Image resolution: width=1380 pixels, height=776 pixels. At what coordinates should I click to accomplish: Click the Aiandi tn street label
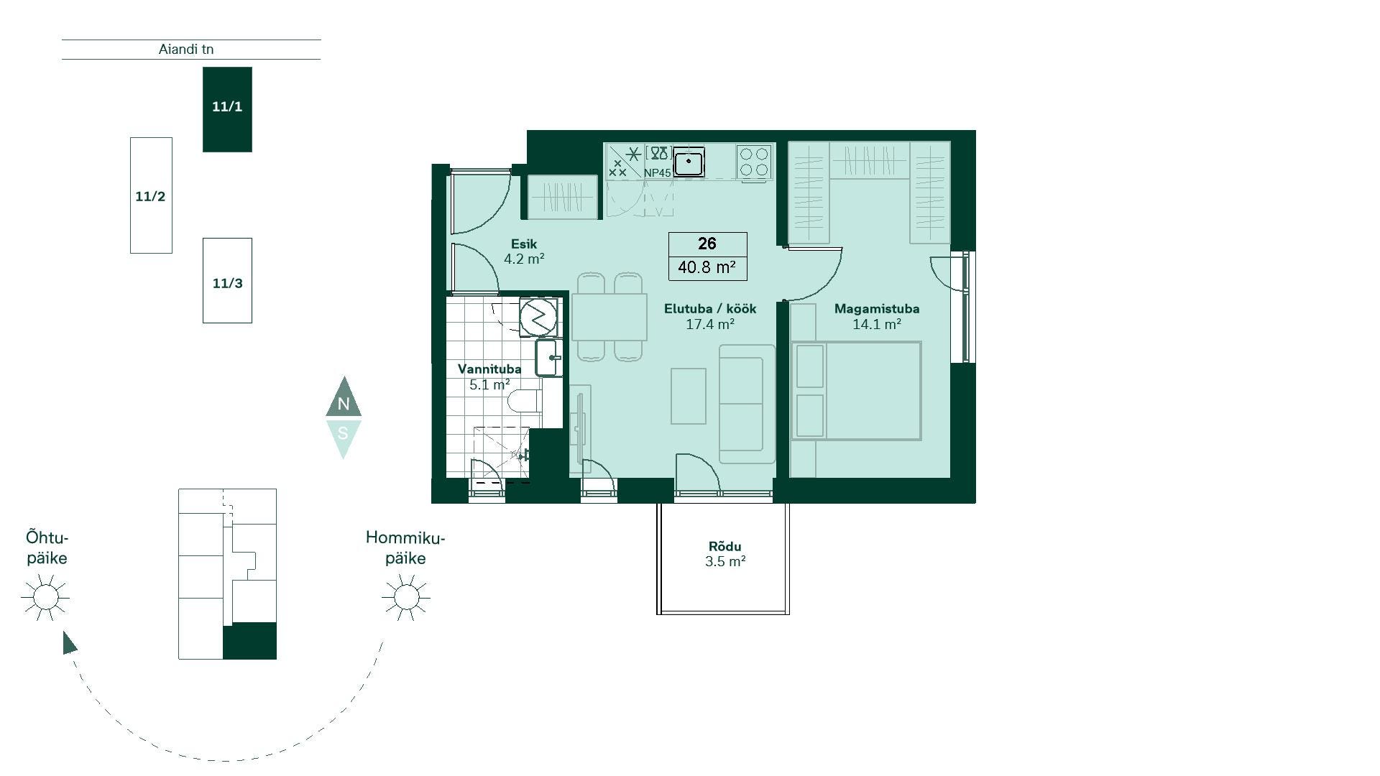click(x=186, y=50)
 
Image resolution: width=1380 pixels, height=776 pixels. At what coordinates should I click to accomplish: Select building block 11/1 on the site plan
click(x=227, y=109)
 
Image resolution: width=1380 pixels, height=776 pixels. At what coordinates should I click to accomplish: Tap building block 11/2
click(x=151, y=195)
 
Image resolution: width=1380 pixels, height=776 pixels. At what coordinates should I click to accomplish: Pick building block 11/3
click(x=227, y=280)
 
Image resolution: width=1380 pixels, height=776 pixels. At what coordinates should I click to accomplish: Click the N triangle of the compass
click(x=344, y=399)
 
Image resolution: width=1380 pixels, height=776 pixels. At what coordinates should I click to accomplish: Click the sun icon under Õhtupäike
click(x=45, y=597)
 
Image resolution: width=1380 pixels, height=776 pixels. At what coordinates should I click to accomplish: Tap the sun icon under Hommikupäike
click(x=406, y=597)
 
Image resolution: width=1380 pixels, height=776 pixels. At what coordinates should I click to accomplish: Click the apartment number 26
click(x=707, y=244)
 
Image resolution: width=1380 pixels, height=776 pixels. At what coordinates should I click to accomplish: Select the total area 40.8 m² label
click(x=707, y=267)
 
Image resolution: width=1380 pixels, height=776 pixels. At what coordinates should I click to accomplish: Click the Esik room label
click(x=524, y=244)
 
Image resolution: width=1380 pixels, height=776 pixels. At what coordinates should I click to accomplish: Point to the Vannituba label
click(x=489, y=369)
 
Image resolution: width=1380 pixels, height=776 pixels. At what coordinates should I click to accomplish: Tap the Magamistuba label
click(x=877, y=309)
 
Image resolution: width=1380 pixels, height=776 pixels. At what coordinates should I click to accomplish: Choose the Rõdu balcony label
click(x=724, y=547)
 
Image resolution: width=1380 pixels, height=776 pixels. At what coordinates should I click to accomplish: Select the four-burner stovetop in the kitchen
click(x=754, y=162)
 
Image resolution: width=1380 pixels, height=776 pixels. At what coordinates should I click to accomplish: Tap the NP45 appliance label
click(x=658, y=173)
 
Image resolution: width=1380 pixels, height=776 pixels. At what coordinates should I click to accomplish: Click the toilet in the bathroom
click(x=524, y=401)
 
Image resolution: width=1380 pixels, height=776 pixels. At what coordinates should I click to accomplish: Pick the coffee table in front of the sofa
click(x=689, y=396)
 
